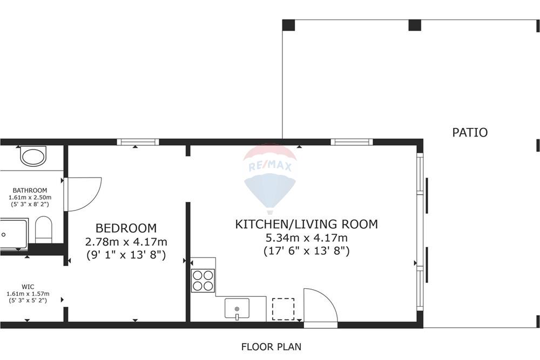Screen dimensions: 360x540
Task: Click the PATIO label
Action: click(x=469, y=132)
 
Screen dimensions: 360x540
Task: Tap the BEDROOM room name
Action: click(x=126, y=228)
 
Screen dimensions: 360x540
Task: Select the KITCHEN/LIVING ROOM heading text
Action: click(x=306, y=224)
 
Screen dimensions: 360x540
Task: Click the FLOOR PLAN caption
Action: click(x=271, y=347)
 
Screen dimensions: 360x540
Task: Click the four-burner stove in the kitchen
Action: click(x=204, y=281)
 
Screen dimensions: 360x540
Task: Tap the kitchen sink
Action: click(x=237, y=309)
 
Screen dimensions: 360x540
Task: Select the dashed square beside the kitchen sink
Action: click(x=283, y=309)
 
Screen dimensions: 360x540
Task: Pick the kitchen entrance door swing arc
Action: click(x=321, y=305)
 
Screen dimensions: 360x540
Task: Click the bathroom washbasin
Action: click(x=33, y=157)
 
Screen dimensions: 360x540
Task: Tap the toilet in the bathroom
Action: click(x=43, y=229)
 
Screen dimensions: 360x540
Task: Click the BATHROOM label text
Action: click(x=30, y=191)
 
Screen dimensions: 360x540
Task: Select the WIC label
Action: click(x=28, y=287)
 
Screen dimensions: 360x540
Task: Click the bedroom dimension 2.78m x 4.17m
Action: click(x=126, y=241)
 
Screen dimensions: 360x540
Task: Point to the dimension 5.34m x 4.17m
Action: click(x=306, y=238)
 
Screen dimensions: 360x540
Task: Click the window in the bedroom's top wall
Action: click(x=138, y=142)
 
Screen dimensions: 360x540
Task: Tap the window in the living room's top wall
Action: click(x=352, y=142)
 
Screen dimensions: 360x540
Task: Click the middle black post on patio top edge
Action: click(x=415, y=24)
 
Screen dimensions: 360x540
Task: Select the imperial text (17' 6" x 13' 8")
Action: click(x=306, y=251)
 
